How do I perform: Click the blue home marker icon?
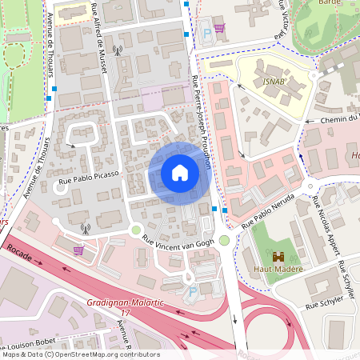point(179,172)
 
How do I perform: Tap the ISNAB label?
point(273,82)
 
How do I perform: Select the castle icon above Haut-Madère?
point(278,257)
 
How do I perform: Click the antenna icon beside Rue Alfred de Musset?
point(118,50)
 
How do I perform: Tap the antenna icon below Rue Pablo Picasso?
point(85,228)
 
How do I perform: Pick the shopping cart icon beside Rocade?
point(78,250)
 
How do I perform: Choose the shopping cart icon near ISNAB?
point(219,28)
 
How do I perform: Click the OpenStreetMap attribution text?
point(80,354)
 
